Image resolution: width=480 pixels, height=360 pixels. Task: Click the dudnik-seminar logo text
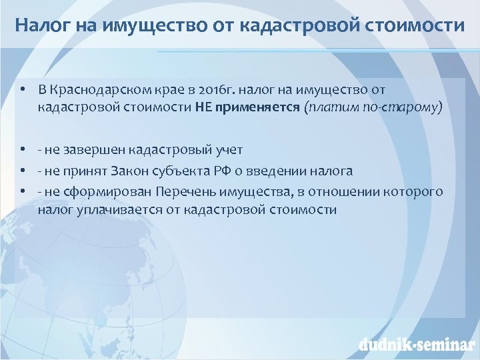(415, 345)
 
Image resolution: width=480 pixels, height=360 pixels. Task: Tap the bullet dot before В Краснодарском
(23, 91)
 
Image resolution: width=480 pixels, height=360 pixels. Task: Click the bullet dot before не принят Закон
(23, 171)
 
